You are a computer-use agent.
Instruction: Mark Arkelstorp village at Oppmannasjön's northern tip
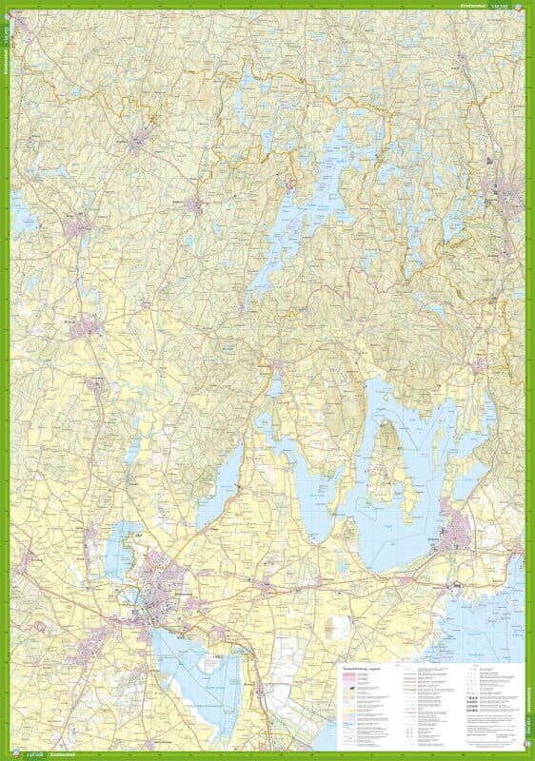click(x=277, y=366)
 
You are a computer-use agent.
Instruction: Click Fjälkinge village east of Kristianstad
click(x=262, y=588)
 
